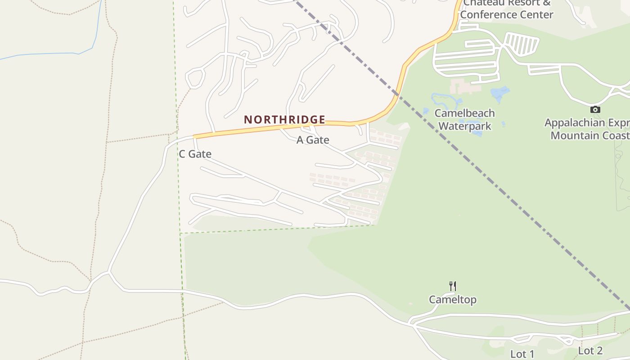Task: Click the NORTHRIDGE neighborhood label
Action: [284, 120]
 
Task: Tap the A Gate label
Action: [313, 140]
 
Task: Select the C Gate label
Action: [195, 154]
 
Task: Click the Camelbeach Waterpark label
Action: [465, 120]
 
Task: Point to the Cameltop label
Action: [452, 300]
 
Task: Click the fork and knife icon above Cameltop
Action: [453, 286]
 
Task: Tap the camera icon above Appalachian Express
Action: [595, 109]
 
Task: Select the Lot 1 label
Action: [522, 354]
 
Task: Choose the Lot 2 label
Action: [590, 351]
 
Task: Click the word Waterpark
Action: [465, 126]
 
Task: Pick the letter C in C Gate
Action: [182, 154]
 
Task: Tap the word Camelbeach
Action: [465, 113]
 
